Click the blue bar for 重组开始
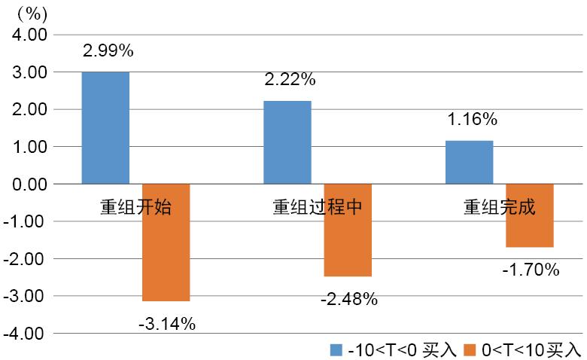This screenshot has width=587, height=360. tap(105, 127)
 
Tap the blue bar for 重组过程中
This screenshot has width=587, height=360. tap(287, 142)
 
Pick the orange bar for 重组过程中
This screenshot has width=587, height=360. tap(348, 230)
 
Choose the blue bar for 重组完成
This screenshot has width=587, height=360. tap(470, 162)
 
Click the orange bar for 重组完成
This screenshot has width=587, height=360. tap(530, 215)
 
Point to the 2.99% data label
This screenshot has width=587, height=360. tap(108, 51)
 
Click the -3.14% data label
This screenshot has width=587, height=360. tap(167, 324)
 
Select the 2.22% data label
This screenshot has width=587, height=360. tap(290, 79)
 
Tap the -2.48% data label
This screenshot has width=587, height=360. tap(348, 299)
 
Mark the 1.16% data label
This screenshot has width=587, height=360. tap(471, 119)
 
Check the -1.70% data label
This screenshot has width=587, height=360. tap(531, 269)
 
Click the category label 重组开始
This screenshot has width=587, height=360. tap(135, 207)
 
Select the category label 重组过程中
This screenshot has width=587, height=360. tap(318, 207)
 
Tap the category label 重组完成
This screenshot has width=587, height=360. tap(500, 207)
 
